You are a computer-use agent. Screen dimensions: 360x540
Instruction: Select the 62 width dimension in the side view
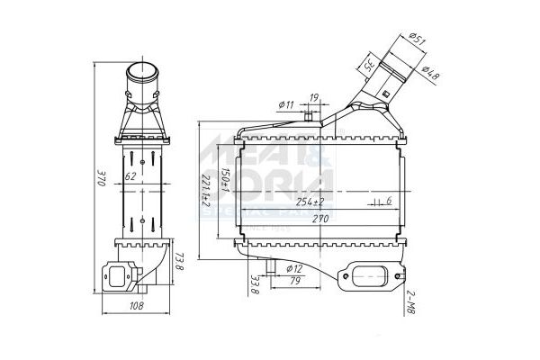pyautogui.click(x=131, y=175)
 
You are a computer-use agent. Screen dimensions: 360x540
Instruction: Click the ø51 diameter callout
pyautogui.click(x=416, y=39)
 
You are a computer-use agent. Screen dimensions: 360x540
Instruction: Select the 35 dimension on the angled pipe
pyautogui.click(x=369, y=65)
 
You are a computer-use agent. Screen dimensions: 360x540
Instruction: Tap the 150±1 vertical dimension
pyautogui.click(x=225, y=181)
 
